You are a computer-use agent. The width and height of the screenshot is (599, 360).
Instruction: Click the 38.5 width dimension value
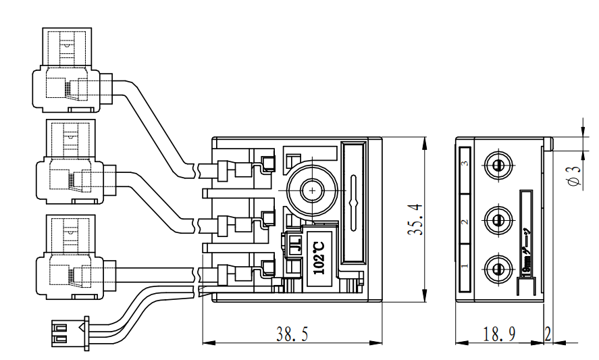[x=291, y=334]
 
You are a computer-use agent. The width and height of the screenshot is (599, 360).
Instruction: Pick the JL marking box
[x=294, y=243]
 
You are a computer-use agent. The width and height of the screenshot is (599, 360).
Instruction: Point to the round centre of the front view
[x=312, y=191]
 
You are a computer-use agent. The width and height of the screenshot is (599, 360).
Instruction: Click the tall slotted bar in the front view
[x=355, y=203]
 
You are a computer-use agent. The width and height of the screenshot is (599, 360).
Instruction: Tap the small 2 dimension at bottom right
[x=548, y=334]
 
